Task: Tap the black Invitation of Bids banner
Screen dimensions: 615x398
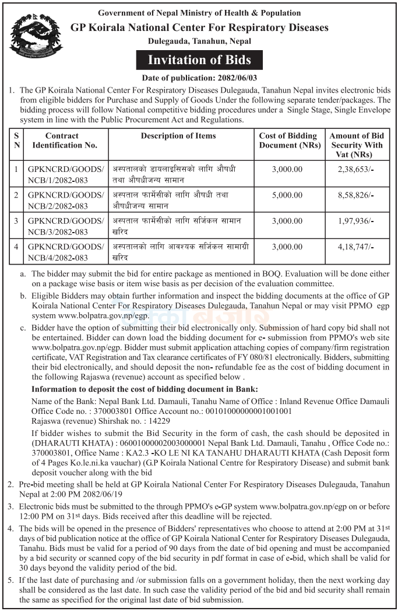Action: pyautogui.click(x=199, y=60)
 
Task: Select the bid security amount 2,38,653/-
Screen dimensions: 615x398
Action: pyautogui.click(x=356, y=169)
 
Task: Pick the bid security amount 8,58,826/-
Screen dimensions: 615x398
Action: pyautogui.click(x=356, y=195)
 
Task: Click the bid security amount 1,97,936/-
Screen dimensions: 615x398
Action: pyautogui.click(x=356, y=221)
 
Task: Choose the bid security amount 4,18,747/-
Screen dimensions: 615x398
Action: pyautogui.click(x=356, y=247)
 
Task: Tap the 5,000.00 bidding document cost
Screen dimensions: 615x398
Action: pyautogui.click(x=287, y=195)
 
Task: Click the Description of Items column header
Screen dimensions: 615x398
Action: pyautogui.click(x=178, y=136)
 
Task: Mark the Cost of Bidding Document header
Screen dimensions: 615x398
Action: pyautogui.click(x=288, y=140)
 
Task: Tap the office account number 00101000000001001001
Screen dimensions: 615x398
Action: pyautogui.click(x=244, y=411)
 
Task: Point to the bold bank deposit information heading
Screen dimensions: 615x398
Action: pyautogui.click(x=144, y=389)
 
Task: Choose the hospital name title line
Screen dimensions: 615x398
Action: pyautogui.click(x=199, y=27)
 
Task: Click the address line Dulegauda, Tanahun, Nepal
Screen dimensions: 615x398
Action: pyautogui.click(x=199, y=42)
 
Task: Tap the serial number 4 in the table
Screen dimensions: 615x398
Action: pyautogui.click(x=16, y=247)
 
